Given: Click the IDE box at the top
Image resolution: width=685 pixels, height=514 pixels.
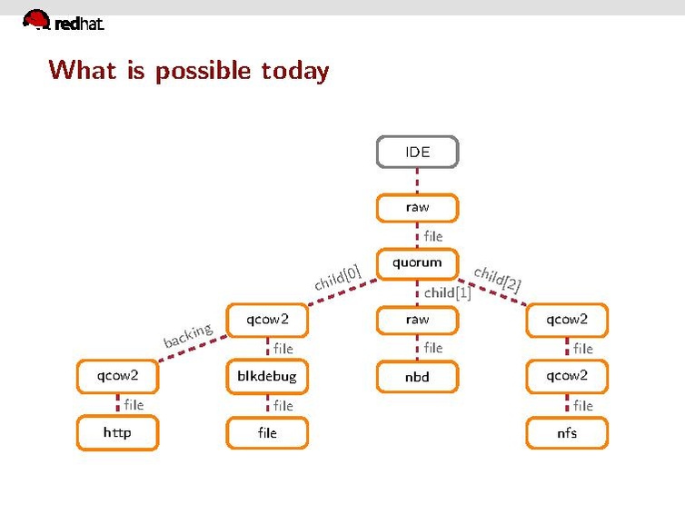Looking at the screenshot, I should (x=417, y=152).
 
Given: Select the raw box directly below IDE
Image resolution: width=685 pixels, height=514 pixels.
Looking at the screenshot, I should (x=417, y=208).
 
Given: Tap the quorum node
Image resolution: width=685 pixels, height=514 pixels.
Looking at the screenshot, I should (x=417, y=263).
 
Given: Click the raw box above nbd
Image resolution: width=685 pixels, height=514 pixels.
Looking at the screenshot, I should (x=417, y=320).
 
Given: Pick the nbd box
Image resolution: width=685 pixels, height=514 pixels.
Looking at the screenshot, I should (x=417, y=376).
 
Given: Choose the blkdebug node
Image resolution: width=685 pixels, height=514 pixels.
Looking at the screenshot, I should (x=267, y=376).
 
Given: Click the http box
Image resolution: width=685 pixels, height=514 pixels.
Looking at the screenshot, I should (x=117, y=432).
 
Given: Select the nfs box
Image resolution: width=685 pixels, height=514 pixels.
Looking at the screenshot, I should (x=567, y=432).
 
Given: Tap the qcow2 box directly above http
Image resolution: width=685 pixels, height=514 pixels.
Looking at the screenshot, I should (x=117, y=376).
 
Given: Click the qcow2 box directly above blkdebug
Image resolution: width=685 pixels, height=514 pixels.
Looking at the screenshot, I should (x=267, y=320).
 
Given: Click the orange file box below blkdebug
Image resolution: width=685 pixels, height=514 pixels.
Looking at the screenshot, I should (x=267, y=432).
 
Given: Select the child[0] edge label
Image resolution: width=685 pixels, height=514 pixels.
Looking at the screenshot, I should (x=338, y=278).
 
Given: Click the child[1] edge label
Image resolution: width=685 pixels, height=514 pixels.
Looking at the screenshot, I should (x=447, y=292).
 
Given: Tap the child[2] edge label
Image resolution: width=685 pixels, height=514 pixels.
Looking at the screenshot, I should (x=497, y=278).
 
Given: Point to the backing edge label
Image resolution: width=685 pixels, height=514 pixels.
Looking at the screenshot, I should (x=187, y=335).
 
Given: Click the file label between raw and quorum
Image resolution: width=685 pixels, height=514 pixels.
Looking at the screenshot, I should (x=433, y=236).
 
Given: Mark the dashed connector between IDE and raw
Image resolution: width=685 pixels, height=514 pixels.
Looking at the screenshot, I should (x=417, y=180).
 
